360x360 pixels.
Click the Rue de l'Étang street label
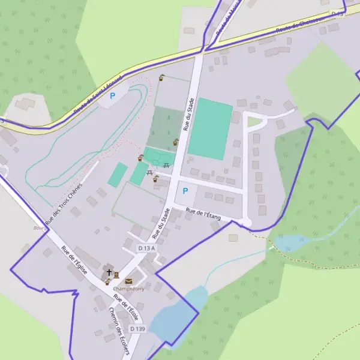(x=203, y=214)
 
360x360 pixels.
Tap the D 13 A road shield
(x=146, y=248)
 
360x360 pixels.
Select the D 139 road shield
(x=137, y=329)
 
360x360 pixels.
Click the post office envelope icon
(x=128, y=281)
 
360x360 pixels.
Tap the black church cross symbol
(x=109, y=272)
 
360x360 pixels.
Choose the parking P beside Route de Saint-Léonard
(x=112, y=95)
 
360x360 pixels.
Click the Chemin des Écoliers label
(x=119, y=331)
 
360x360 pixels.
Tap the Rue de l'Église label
(x=74, y=260)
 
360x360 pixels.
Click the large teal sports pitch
(x=210, y=128)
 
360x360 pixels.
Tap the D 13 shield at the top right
(x=338, y=13)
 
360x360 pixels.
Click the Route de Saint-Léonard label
(x=97, y=96)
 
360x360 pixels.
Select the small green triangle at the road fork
(x=255, y=122)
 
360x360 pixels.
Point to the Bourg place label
(x=40, y=228)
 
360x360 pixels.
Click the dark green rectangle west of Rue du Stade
(x=166, y=128)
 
